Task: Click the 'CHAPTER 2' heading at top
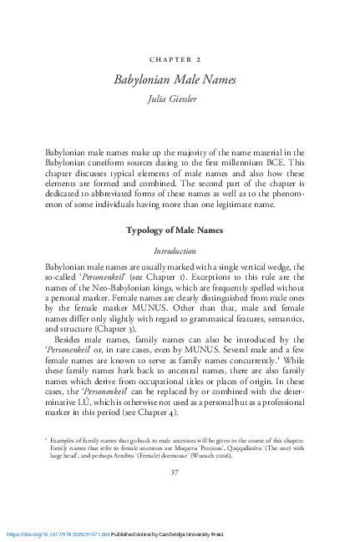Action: pos(180,61)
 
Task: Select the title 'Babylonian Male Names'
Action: pos(180,78)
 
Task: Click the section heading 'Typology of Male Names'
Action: pos(180,230)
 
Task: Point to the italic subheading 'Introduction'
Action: pos(180,250)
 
